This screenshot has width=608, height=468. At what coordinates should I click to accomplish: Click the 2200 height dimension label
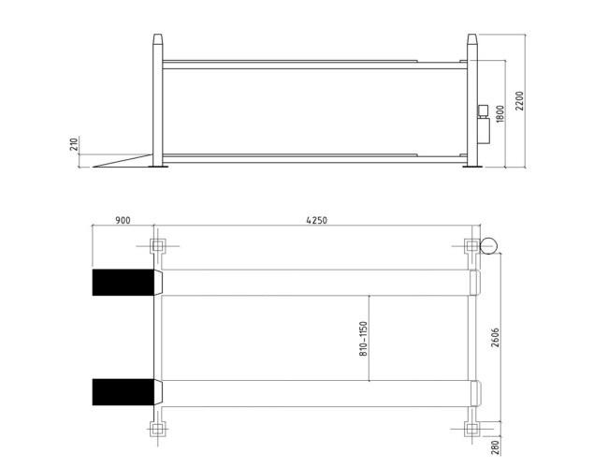tap(519, 101)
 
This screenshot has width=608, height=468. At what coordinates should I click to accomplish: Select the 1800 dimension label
tap(500, 114)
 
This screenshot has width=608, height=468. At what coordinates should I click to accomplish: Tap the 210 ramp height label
tap(74, 143)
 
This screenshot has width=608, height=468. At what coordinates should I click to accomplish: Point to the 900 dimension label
tap(123, 220)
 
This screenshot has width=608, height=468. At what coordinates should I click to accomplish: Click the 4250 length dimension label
tap(317, 220)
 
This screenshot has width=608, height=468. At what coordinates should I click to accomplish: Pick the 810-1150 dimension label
tap(363, 339)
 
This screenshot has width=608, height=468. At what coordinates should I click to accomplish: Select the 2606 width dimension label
tap(495, 338)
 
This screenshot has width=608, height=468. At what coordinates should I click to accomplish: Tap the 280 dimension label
tap(495, 447)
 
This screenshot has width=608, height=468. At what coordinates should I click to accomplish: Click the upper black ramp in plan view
tap(123, 283)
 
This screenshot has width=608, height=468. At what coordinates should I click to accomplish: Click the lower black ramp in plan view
tap(123, 392)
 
